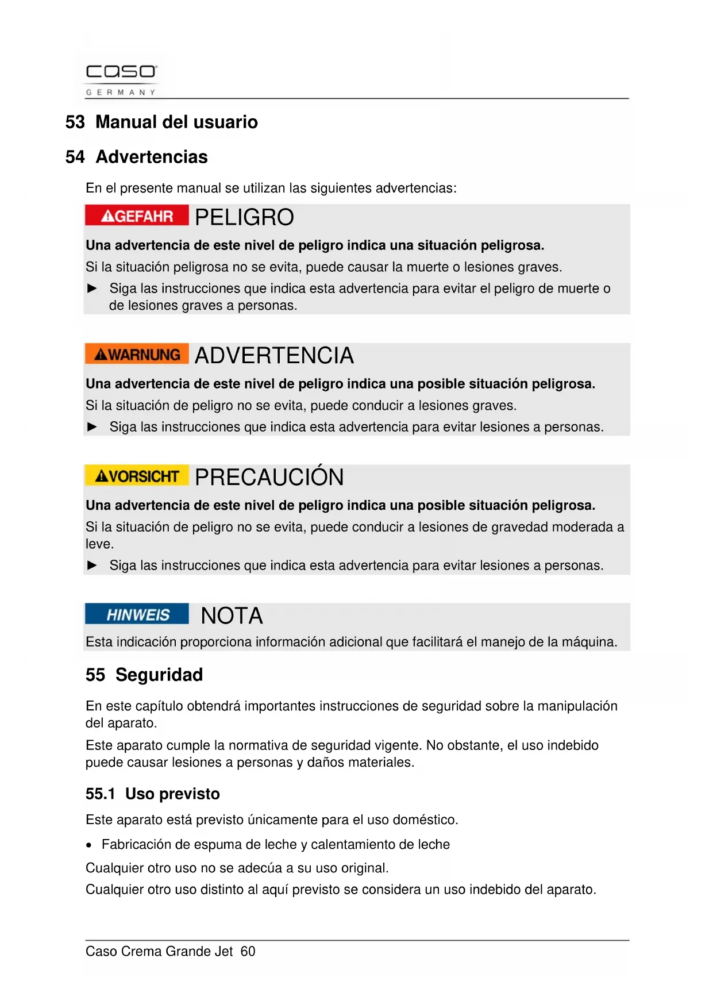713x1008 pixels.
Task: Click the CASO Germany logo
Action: pos(121,78)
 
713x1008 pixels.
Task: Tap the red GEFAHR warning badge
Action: pos(137,216)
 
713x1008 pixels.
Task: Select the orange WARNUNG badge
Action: pos(137,355)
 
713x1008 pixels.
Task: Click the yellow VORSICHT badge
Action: pos(137,476)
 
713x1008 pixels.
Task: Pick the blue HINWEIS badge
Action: pos(137,614)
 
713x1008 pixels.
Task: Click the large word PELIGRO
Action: pos(244,218)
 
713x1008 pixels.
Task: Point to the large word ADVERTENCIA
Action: pos(274,356)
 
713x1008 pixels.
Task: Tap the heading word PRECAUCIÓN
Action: pos(269,477)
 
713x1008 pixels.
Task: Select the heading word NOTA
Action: pos(232,616)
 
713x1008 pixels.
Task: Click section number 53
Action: pos(75,122)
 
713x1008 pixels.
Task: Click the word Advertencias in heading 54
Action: pos(152,157)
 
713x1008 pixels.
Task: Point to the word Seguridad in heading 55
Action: pos(159,675)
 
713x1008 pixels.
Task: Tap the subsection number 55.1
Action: pos(100,794)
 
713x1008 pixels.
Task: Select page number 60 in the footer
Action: pos(248,952)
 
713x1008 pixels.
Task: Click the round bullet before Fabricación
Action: pos(89,845)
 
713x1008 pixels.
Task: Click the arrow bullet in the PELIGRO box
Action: pos(92,288)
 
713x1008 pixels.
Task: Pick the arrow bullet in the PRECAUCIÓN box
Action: pos(92,565)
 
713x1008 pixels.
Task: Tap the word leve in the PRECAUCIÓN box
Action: pos(99,544)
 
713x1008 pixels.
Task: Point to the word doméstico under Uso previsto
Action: pos(427,820)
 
